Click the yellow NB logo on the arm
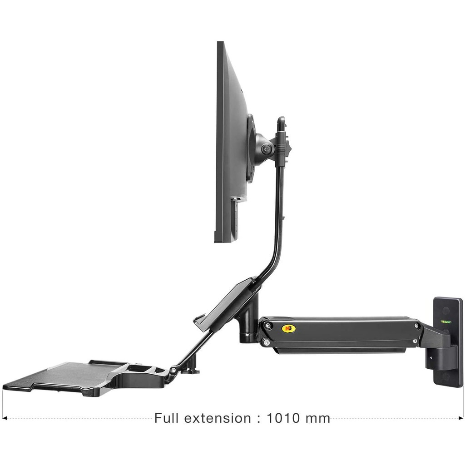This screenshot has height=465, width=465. coord(286,329)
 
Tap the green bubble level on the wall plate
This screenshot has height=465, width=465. coord(445,321)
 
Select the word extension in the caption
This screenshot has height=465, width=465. coord(218,418)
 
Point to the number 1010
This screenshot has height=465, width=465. coord(283,418)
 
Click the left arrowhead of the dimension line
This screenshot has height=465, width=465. coord(4,418)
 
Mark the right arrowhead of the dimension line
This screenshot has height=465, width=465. coord(461,418)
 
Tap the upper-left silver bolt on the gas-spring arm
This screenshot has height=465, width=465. coord(268,326)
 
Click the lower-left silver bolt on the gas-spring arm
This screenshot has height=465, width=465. coord(267,343)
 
